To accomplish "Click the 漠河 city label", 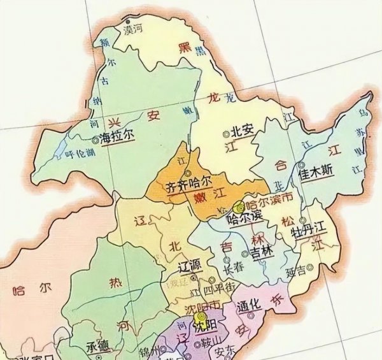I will coord(133,29).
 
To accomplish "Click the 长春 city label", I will coord(234,270).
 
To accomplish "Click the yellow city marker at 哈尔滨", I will coord(239,206).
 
